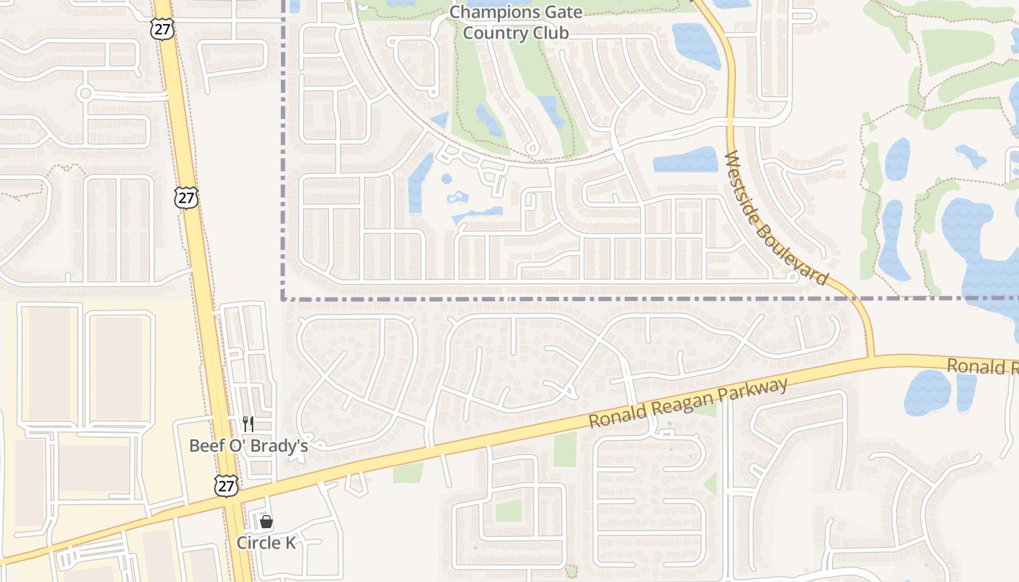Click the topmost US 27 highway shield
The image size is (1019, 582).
(164, 30)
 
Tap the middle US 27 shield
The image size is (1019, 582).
(186, 197)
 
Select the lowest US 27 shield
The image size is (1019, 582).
(226, 485)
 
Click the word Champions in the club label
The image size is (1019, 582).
(485, 12)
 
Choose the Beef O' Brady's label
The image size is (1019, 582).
(248, 445)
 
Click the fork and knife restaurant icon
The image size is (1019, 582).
(248, 424)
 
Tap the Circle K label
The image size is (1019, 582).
(266, 543)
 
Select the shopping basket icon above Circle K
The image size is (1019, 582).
(266, 522)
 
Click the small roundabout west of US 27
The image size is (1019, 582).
(85, 93)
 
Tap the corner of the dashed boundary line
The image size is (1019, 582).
(283, 298)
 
